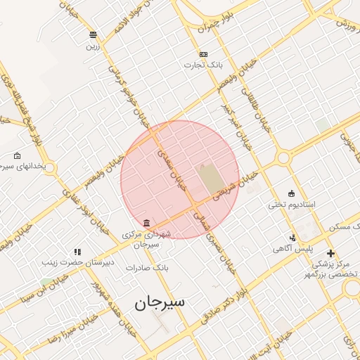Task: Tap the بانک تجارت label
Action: [x=203, y=65]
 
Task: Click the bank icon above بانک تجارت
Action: [x=203, y=54]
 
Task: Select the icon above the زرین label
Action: [x=93, y=34]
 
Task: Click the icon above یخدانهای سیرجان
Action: [x=17, y=155]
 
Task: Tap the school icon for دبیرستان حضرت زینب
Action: [x=77, y=251]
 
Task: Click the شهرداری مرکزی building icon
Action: [x=146, y=224]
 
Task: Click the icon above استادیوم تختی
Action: [x=292, y=193]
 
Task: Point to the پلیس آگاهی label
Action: [x=292, y=249]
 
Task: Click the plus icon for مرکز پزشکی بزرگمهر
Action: [x=330, y=253]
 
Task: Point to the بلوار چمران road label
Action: [x=215, y=23]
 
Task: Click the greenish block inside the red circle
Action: [x=208, y=179]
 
